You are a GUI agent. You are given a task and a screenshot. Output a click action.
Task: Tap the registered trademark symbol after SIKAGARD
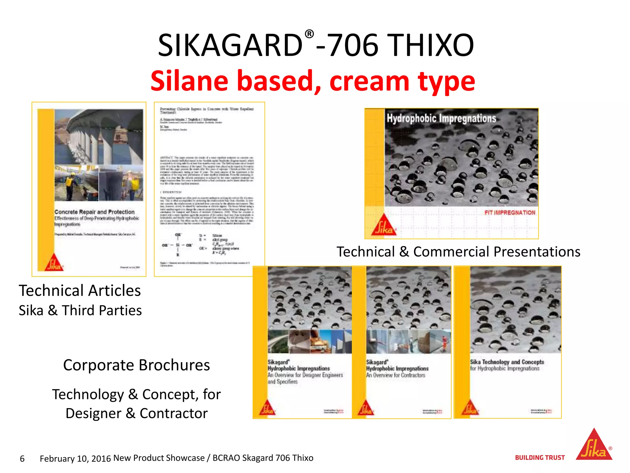[x=309, y=34]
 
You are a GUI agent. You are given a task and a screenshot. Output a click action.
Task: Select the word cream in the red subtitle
[x=369, y=81]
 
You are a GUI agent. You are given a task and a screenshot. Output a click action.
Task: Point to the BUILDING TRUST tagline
[x=540, y=458]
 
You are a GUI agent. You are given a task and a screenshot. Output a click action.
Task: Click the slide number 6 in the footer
[x=22, y=459]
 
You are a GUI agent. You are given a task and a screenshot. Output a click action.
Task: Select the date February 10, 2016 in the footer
[x=75, y=459]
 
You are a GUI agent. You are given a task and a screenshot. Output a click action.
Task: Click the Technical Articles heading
[x=80, y=290]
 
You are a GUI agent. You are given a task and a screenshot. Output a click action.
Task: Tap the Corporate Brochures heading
[x=136, y=365]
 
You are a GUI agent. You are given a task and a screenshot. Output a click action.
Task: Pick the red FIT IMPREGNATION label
[x=510, y=212]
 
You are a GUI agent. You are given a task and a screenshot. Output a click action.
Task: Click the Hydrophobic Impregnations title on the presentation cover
[x=441, y=118]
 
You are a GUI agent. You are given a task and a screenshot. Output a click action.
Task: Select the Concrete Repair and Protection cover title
[x=94, y=212]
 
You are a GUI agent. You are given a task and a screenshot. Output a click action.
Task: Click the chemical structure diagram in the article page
[x=200, y=245]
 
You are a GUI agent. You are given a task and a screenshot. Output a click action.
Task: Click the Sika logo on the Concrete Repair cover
[x=54, y=263]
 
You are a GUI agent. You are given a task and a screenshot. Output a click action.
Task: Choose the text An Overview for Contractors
[x=396, y=375]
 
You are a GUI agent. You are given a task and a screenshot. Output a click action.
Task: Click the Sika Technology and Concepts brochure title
[x=507, y=362]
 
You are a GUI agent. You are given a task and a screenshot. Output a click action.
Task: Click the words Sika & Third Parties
[x=80, y=310]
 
